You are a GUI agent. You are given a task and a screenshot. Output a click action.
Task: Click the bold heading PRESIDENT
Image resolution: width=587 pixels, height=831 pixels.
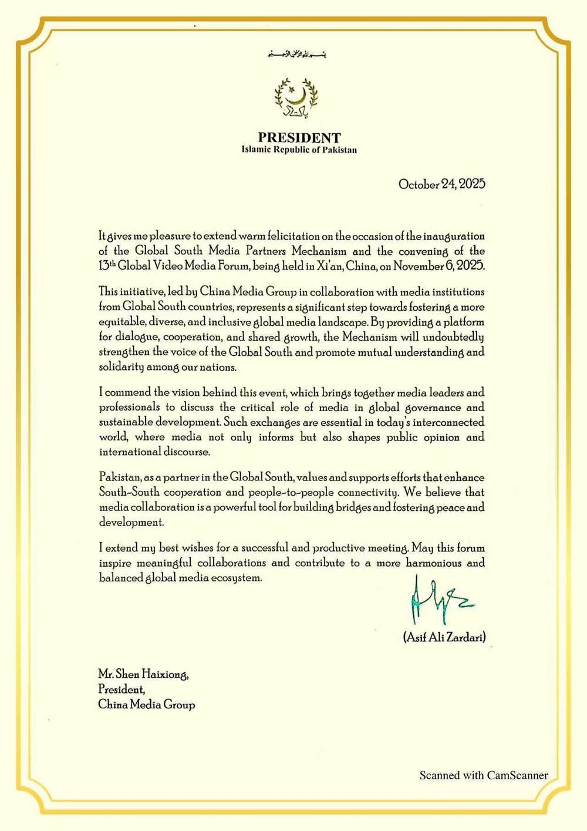coord(299,138)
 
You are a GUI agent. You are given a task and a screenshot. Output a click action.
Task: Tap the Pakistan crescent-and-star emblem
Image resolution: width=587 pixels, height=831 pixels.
coord(296,97)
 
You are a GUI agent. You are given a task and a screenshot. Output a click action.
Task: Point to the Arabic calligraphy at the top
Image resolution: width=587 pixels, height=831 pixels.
coord(296,55)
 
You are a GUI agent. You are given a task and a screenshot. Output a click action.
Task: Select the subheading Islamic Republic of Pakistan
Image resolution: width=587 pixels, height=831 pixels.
coord(299,150)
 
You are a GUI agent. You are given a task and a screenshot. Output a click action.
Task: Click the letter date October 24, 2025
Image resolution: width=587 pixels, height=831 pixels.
coord(441,184)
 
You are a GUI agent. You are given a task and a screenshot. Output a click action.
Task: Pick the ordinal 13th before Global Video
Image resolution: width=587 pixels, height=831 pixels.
coord(107,265)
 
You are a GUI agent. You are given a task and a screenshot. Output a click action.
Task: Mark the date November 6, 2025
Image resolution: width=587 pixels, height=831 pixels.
coord(439,266)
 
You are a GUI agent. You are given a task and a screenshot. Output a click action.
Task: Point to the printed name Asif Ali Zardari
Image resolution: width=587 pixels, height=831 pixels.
coord(444,637)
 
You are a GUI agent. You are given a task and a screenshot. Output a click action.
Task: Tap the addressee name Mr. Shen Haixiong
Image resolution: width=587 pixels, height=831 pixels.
coord(144,675)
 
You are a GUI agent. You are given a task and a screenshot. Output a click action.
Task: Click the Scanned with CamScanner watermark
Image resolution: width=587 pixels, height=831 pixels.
coord(484,776)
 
